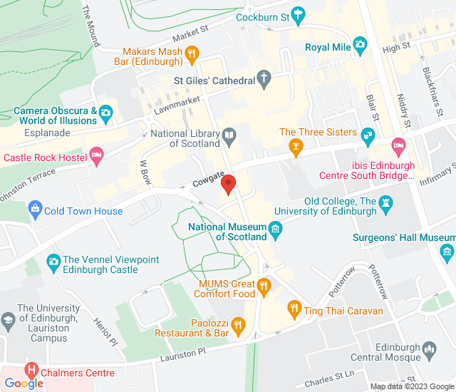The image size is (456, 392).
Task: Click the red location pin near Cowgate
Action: (229, 184)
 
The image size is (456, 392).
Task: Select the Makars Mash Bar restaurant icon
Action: (192, 53)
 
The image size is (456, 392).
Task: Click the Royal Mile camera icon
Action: (360, 46)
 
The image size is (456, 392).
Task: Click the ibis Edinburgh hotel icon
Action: (399, 145)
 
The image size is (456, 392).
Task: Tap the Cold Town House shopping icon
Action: (34, 210)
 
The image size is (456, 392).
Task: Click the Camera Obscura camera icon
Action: (106, 112)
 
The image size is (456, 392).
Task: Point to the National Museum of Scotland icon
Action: (275, 228)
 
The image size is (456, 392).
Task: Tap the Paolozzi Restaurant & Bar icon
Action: (238, 326)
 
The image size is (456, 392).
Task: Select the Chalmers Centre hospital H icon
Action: (31, 371)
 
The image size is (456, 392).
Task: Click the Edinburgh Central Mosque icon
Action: (429, 349)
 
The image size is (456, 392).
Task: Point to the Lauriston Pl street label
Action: (182, 351)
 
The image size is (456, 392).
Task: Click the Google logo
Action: (23, 383)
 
